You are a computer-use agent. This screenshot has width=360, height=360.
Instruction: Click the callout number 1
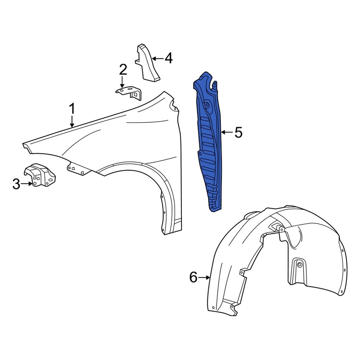coord(72,108)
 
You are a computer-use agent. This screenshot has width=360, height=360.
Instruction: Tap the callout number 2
coord(123,69)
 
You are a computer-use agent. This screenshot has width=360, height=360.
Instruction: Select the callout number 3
coord(16,184)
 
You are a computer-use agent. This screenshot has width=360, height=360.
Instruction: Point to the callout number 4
coord(168,58)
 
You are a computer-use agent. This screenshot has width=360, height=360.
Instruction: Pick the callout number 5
coord(238,132)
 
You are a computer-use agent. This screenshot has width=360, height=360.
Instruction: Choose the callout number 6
coord(193,277)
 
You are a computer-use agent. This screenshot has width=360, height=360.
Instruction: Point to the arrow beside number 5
coord(226,132)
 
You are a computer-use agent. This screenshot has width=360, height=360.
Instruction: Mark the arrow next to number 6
coord(204,277)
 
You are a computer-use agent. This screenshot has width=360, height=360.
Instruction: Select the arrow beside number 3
coord(27,184)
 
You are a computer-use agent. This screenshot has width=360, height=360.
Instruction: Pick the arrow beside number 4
coord(157,58)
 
